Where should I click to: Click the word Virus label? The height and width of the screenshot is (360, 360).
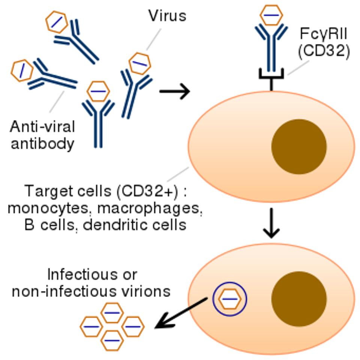(167, 16)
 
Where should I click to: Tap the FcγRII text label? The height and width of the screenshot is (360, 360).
(323, 34)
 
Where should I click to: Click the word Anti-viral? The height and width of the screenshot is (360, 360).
(42, 126)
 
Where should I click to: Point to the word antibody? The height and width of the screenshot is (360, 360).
(42, 144)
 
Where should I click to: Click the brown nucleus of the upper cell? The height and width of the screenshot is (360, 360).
(299, 147)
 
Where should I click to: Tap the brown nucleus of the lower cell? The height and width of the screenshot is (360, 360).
(299, 299)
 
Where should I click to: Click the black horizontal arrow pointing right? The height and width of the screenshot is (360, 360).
(175, 91)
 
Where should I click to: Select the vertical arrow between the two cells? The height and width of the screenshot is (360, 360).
(271, 223)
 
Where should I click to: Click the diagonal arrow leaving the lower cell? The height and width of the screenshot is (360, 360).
(181, 313)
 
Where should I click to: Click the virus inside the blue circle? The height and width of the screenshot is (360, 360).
(230, 299)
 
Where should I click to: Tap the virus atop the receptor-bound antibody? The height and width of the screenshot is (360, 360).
(271, 15)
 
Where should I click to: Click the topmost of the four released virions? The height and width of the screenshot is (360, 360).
(112, 313)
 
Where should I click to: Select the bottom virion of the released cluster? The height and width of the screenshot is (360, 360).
(112, 340)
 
